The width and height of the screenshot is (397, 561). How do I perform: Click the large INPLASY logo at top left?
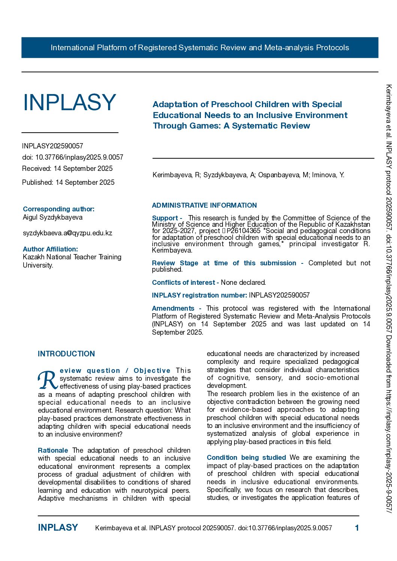click(69, 102)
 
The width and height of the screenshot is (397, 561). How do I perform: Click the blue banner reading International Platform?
click(200, 48)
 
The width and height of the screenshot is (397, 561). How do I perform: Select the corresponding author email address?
click(68, 233)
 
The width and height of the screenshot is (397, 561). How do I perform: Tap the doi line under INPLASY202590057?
click(72, 157)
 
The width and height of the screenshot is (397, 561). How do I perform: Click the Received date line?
click(67, 169)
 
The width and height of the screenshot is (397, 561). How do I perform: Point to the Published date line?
click(68, 183)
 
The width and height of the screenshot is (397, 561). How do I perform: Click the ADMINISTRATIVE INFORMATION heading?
click(204, 205)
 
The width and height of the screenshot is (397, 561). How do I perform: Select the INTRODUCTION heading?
click(66, 354)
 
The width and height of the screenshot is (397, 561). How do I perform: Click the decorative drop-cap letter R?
click(48, 380)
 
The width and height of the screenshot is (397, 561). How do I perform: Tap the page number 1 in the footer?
click(357, 528)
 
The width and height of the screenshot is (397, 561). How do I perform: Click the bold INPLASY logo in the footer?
click(58, 528)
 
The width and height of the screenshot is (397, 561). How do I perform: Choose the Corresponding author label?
click(59, 209)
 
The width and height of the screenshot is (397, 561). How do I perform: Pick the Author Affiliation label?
click(50, 249)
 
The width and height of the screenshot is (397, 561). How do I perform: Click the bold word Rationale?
click(53, 450)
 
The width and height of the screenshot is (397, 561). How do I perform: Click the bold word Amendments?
click(173, 308)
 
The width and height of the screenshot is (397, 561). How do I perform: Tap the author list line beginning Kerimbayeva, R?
click(248, 175)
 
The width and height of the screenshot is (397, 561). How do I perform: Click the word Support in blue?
click(165, 218)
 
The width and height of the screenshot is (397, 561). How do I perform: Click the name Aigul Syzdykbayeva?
click(53, 217)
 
